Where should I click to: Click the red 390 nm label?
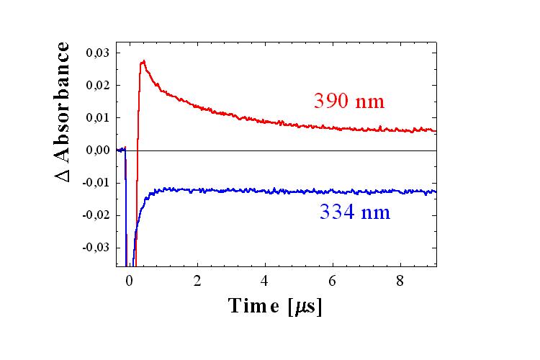(349, 101)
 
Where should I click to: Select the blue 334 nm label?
(355, 212)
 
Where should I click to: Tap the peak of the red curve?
(143, 61)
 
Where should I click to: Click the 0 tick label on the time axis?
(130, 280)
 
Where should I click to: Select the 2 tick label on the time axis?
(197, 280)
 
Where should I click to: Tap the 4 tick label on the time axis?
(266, 280)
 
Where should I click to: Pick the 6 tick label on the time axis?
(333, 280)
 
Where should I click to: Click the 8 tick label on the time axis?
(402, 280)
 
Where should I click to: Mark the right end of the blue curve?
(436, 192)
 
